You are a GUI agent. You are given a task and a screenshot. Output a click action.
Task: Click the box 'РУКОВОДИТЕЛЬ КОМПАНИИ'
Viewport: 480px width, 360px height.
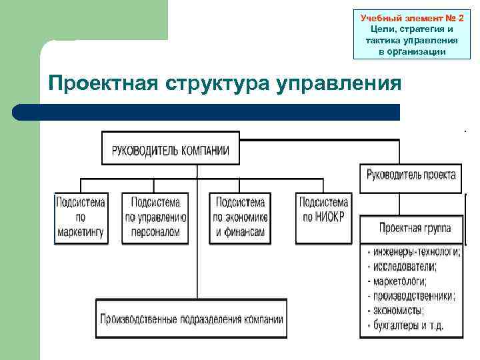(x=171, y=149)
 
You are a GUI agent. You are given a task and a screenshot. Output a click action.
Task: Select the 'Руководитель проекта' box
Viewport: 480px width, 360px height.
(x=411, y=175)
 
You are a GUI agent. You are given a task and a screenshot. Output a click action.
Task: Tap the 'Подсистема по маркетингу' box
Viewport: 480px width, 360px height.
(x=81, y=218)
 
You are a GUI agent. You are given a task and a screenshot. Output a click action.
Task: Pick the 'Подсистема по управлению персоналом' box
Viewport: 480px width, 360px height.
(x=155, y=218)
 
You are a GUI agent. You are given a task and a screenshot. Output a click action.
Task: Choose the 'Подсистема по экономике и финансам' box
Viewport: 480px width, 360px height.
(x=240, y=218)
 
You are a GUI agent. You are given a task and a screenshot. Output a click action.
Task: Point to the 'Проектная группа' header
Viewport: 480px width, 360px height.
(x=415, y=228)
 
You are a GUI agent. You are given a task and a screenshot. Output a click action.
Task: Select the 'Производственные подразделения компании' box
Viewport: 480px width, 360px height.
(x=191, y=319)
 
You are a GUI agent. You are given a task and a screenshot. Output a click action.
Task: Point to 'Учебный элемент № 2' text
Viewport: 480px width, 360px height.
(x=411, y=17)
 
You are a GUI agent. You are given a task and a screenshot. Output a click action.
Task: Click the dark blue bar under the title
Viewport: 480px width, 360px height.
(x=207, y=112)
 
